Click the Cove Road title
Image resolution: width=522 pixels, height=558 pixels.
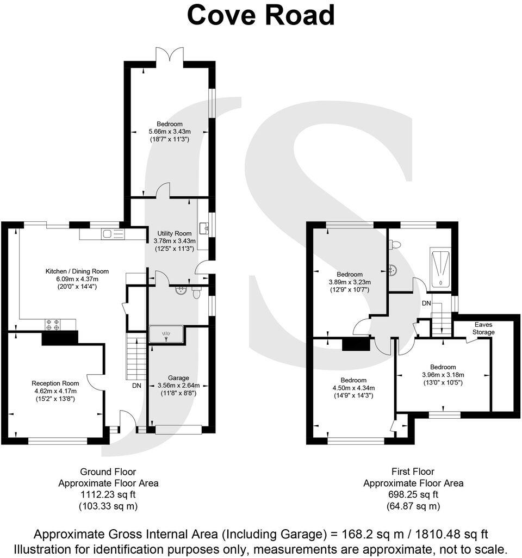click(260, 16)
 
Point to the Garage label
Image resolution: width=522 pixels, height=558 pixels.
click(178, 377)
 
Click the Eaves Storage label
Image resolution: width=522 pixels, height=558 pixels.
click(483, 328)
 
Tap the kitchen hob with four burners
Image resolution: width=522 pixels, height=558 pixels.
click(53, 325)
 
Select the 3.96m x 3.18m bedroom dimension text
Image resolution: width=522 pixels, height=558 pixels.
click(443, 375)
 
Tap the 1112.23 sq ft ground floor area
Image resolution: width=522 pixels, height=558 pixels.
click(108, 494)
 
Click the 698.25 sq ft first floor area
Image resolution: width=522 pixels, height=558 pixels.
click(413, 494)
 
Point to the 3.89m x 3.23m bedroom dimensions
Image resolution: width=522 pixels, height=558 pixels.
click(350, 282)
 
